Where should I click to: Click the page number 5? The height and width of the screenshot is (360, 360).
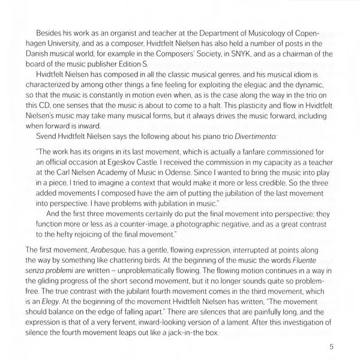click(331, 346)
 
